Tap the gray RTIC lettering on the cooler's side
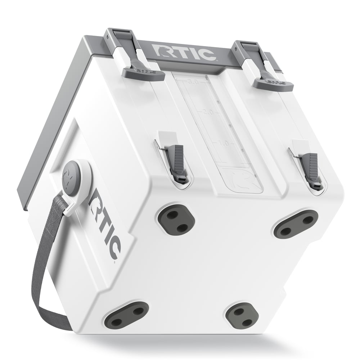(104, 231)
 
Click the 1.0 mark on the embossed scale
(223, 143)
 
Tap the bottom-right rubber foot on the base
(242, 316)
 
